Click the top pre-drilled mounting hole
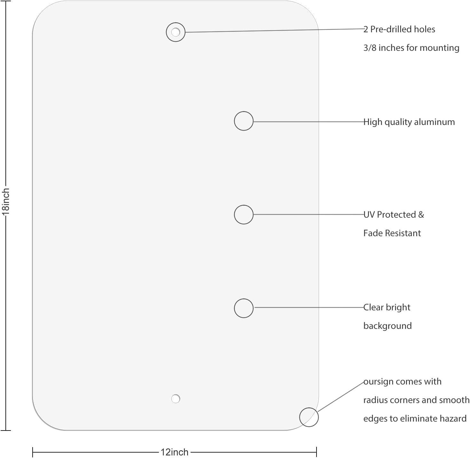point(176,32)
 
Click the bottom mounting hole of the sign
point(176,399)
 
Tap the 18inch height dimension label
point(5,202)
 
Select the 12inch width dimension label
point(174,452)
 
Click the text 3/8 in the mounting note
point(370,48)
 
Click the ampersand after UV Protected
point(421,215)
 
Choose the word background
point(388,326)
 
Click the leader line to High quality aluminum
point(309,122)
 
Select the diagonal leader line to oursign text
point(341,397)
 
